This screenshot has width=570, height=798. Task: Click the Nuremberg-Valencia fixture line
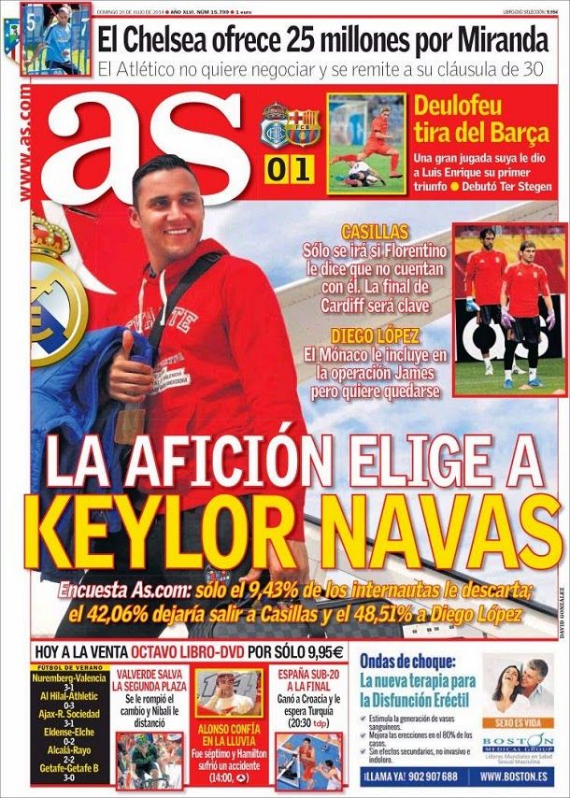[69, 677]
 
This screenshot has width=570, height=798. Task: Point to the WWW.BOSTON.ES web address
[520, 777]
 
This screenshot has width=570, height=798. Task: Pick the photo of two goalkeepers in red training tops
[509, 308]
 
